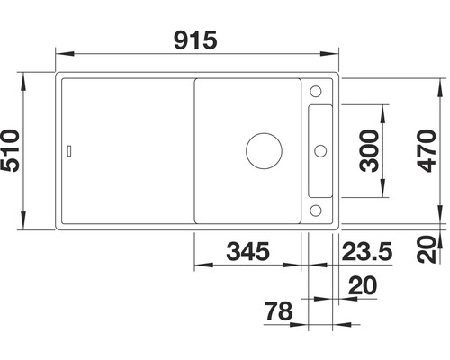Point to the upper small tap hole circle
pyautogui.click(x=316, y=90)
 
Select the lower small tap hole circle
pyautogui.click(x=316, y=209)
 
